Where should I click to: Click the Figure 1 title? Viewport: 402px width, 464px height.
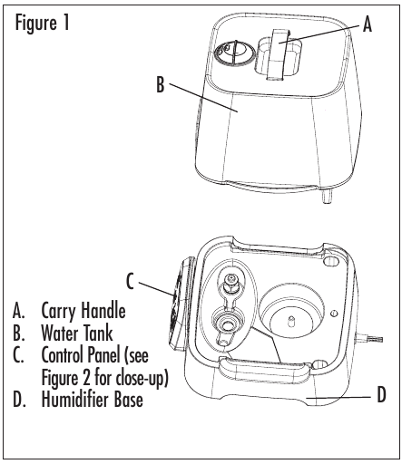click(x=43, y=24)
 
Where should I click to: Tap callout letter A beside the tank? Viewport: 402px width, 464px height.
click(x=367, y=24)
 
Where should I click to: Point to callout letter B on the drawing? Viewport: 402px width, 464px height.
click(x=161, y=84)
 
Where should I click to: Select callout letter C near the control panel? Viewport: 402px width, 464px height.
click(x=130, y=281)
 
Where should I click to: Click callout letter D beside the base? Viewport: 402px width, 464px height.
click(x=382, y=394)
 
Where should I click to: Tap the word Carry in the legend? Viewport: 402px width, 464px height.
click(x=60, y=311)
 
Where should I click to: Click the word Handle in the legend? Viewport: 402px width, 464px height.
click(x=104, y=310)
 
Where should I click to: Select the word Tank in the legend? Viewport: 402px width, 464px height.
click(x=98, y=333)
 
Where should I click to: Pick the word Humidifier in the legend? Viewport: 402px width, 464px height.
click(x=74, y=399)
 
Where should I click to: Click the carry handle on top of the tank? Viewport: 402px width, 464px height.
click(x=279, y=54)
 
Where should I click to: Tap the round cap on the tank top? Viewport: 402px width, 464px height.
click(x=234, y=53)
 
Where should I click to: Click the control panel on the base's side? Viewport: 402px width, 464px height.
click(x=181, y=304)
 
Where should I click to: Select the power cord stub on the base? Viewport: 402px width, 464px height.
click(x=369, y=339)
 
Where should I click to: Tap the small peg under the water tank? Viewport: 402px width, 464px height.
click(x=327, y=197)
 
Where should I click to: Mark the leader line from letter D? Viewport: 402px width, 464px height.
click(x=338, y=398)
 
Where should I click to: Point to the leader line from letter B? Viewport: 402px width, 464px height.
click(x=202, y=97)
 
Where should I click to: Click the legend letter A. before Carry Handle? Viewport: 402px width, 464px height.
click(x=18, y=311)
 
